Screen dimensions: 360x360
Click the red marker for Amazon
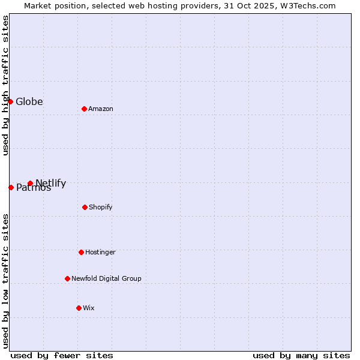(x=84, y=109)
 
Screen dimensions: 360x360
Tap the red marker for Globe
(x=10, y=101)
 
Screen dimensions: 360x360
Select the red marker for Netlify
(x=30, y=183)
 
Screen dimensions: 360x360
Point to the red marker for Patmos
(x=11, y=187)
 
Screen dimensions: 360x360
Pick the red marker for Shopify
(x=85, y=207)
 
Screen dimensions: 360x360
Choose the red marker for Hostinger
(x=81, y=252)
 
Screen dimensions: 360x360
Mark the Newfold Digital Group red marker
(x=67, y=278)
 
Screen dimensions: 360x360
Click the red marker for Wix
(x=79, y=308)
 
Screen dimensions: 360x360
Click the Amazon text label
(x=101, y=109)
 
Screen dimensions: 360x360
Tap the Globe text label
(x=29, y=101)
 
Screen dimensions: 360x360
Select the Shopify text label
(x=101, y=207)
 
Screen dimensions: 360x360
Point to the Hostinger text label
(x=100, y=252)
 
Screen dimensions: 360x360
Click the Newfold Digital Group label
(x=107, y=278)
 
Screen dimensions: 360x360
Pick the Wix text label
(x=89, y=308)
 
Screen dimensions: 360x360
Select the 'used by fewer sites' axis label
(x=62, y=355)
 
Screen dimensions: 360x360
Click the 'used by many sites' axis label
(x=301, y=355)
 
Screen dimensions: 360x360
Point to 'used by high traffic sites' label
(x=5, y=85)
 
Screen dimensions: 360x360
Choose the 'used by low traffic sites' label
(x=5, y=281)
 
